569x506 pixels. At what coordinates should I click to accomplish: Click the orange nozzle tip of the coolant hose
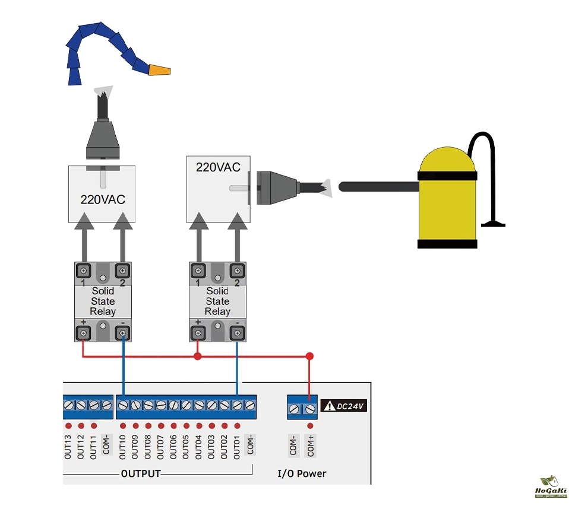(160, 71)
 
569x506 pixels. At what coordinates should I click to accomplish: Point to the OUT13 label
(68, 445)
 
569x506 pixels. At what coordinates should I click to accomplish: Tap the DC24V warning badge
(344, 406)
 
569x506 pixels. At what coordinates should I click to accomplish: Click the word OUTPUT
(141, 473)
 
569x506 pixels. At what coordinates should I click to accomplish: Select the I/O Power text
(302, 473)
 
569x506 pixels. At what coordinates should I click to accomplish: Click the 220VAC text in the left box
(103, 199)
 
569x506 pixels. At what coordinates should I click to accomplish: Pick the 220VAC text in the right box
(218, 167)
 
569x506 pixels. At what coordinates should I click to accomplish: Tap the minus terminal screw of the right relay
(237, 333)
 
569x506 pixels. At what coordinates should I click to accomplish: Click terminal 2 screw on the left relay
(122, 271)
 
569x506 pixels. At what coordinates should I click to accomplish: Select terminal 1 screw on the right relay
(198, 271)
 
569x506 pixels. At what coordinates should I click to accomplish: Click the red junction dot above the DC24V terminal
(309, 356)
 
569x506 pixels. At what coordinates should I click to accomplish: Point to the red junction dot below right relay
(198, 357)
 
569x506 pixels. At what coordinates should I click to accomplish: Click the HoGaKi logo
(552, 488)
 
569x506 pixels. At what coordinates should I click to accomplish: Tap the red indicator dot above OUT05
(186, 426)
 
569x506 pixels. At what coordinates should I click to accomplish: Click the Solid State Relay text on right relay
(217, 301)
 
